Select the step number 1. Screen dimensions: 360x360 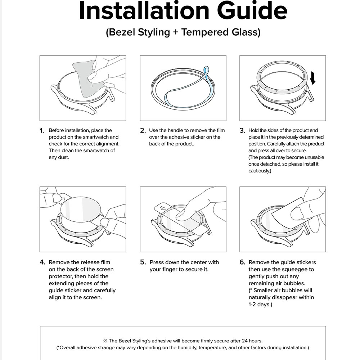(x=42, y=131)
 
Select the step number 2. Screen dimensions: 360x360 (x=143, y=131)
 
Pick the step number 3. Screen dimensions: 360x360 (x=242, y=131)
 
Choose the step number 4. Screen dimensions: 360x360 (x=42, y=262)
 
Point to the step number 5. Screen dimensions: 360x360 (x=143, y=262)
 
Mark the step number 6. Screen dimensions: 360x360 (x=242, y=262)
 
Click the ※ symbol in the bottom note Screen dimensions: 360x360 (x=105, y=341)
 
